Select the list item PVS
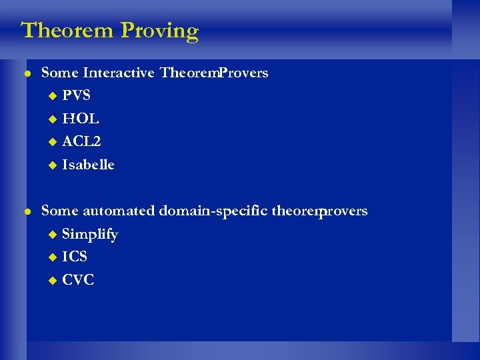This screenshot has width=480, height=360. (76, 95)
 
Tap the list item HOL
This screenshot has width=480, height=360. (80, 119)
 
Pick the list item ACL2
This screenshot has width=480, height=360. (81, 141)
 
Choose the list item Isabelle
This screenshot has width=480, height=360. (88, 165)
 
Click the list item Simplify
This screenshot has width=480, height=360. (90, 235)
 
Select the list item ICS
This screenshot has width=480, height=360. (75, 257)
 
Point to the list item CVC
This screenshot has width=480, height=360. (78, 280)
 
